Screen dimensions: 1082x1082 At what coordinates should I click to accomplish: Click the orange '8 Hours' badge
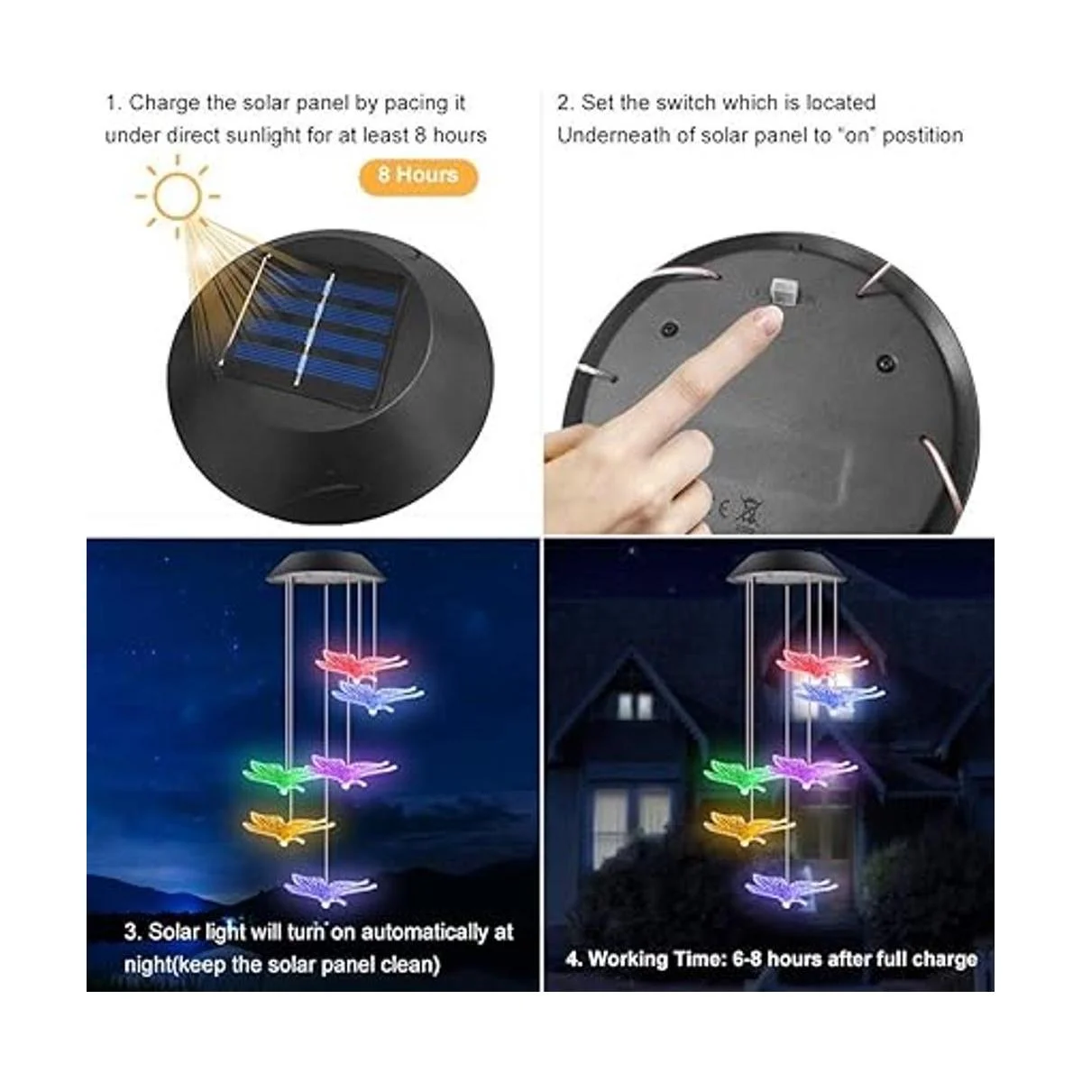418,177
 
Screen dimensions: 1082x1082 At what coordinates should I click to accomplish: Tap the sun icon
178,197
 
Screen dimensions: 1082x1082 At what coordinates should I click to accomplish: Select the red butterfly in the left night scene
362,663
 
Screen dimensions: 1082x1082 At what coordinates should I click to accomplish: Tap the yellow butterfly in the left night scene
288,828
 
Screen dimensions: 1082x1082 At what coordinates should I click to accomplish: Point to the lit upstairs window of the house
636,706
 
